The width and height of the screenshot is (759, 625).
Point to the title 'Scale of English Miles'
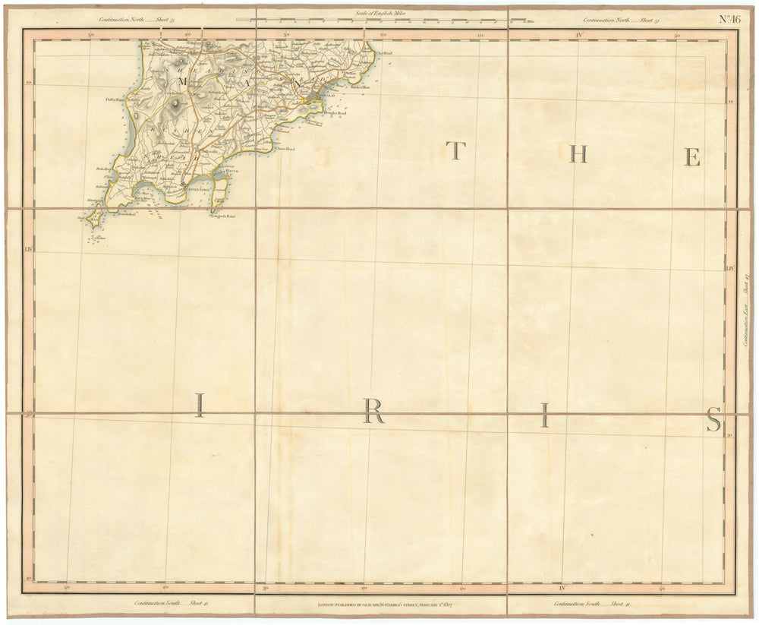[379, 13]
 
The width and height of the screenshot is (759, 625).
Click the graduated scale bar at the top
[379, 21]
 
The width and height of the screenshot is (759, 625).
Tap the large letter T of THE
[455, 153]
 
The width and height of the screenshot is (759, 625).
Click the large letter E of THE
[691, 156]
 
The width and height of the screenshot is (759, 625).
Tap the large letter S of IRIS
[713, 419]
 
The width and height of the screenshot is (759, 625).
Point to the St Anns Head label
[284, 149]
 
